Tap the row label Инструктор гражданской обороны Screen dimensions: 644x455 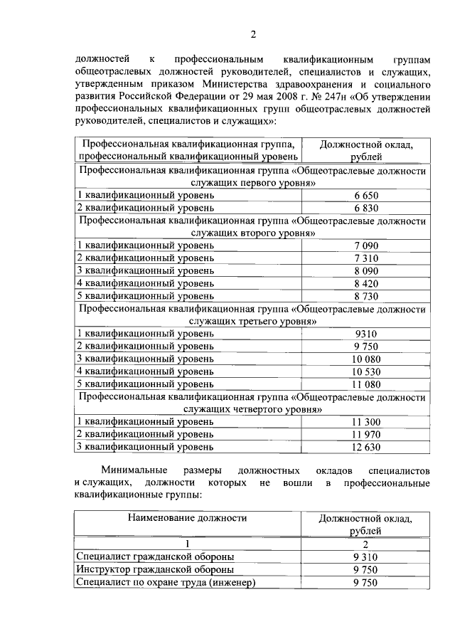(155, 569)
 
